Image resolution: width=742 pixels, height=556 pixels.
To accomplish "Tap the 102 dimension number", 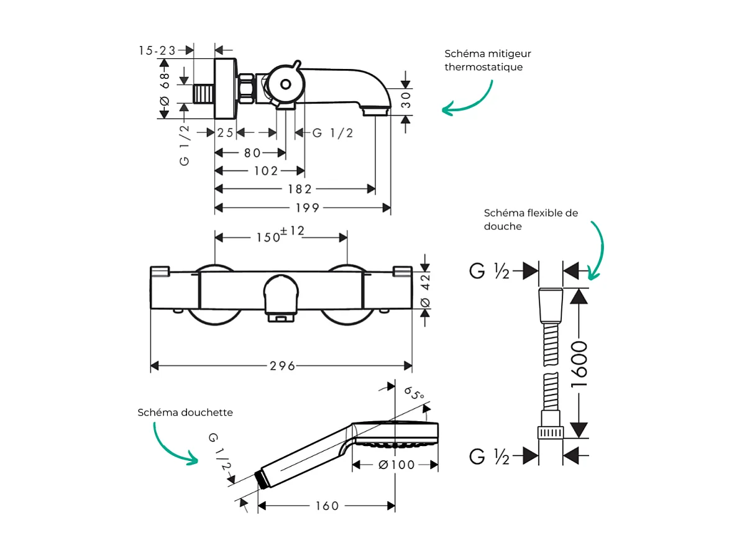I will coord(266,171).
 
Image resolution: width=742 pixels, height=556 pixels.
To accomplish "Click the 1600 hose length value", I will coord(579,364).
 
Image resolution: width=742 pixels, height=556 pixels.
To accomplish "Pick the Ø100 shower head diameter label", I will coord(396,465).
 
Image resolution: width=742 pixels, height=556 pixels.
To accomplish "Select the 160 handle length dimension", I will coord(326,506).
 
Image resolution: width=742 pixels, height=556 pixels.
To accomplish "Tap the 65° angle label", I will coord(414,393).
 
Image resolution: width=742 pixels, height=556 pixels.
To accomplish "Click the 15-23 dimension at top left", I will coord(157,51).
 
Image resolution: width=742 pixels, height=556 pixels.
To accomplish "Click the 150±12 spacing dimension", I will coord(280,236).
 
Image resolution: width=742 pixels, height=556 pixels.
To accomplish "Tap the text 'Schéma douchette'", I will coord(185,412).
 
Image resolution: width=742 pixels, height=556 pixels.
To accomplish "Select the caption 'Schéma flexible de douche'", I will coord(531,219).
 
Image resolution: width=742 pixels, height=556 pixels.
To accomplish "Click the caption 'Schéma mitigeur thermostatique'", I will coord(488,60).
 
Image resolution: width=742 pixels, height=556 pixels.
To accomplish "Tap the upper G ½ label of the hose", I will coord(490,271).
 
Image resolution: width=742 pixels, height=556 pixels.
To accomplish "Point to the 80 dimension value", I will coord(251,153).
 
